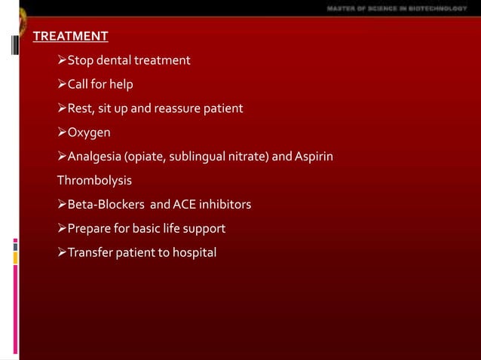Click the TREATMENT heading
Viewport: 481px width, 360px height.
point(70,36)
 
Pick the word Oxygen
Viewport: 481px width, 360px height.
point(90,133)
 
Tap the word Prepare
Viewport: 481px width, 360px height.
point(90,228)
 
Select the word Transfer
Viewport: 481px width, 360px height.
point(90,252)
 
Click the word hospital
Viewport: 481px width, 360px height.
point(193,252)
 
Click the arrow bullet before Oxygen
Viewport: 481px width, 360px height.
point(63,133)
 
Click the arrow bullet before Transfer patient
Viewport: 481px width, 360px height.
point(63,252)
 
